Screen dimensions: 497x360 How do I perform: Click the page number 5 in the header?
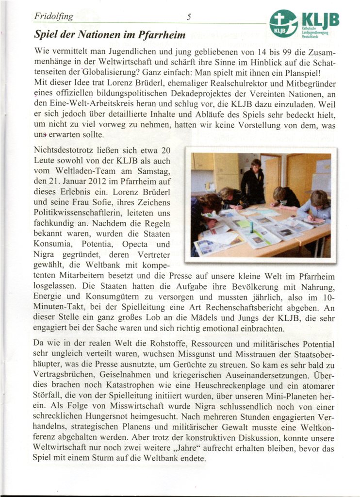[x=189, y=17]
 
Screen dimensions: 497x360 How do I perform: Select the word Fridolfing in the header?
[x=54, y=17]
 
